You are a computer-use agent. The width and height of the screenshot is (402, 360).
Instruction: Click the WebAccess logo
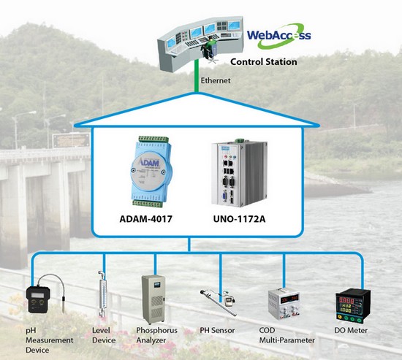279,36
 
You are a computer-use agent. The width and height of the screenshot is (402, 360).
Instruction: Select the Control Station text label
264,62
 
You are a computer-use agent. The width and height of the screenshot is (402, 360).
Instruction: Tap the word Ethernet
216,80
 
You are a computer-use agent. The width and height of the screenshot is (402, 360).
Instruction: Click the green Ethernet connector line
197,76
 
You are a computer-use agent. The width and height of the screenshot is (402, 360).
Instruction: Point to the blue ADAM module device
151,172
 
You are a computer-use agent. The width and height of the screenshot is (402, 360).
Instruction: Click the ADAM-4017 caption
145,219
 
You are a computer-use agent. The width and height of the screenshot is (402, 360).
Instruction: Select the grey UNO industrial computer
239,172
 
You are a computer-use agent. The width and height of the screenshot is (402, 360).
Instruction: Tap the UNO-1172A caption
239,219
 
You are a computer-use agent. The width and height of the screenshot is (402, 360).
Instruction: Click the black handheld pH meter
39,299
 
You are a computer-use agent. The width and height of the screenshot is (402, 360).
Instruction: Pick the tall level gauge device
102,295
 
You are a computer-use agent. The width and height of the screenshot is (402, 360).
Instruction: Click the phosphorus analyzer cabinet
153,299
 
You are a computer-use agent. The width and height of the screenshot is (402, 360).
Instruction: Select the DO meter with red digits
353,305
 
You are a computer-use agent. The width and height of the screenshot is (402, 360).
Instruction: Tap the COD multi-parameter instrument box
284,305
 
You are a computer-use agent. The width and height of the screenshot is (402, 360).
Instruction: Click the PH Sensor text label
217,330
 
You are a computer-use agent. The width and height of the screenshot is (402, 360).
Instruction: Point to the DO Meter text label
351,330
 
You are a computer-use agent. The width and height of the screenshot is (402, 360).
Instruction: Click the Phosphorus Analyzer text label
156,335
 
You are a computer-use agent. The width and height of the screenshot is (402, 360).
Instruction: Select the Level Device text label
104,335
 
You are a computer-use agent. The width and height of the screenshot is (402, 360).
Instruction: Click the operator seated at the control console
210,48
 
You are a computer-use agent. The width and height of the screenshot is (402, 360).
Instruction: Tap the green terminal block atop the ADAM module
153,139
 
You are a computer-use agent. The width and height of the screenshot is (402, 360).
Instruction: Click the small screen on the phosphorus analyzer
156,285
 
